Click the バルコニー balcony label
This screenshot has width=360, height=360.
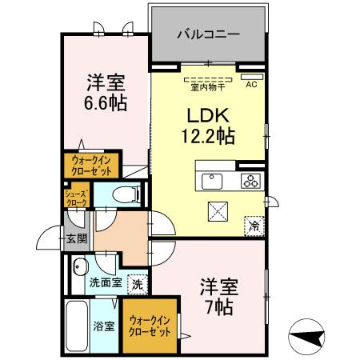[206, 36]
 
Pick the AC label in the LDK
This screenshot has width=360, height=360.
[250, 84]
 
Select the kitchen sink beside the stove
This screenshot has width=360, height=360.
[214, 181]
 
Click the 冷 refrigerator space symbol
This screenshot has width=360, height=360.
[255, 225]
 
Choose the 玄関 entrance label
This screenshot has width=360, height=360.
[77, 238]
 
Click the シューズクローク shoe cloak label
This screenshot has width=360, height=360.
[77, 198]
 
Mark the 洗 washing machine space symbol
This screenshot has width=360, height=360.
[138, 282]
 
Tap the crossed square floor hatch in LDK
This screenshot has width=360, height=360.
[218, 211]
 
